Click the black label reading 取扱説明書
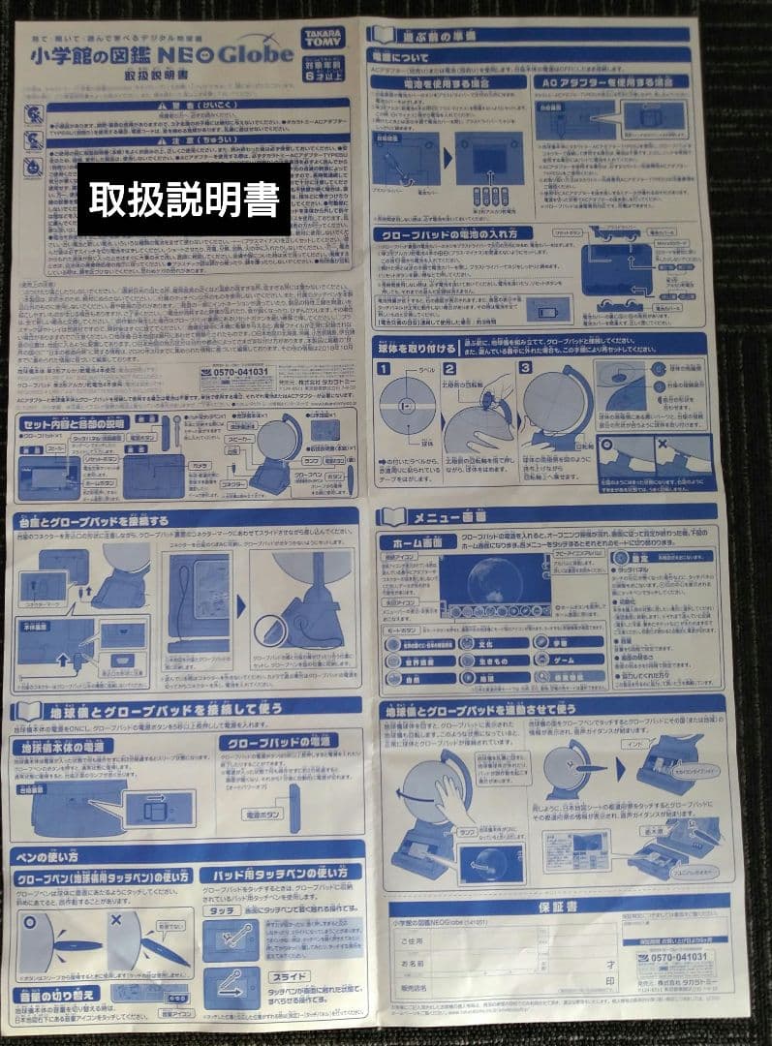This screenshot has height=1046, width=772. (184, 199)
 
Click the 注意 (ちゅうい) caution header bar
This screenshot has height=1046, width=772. (199, 141)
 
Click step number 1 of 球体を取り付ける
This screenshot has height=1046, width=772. (384, 369)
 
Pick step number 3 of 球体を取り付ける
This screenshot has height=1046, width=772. (525, 368)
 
